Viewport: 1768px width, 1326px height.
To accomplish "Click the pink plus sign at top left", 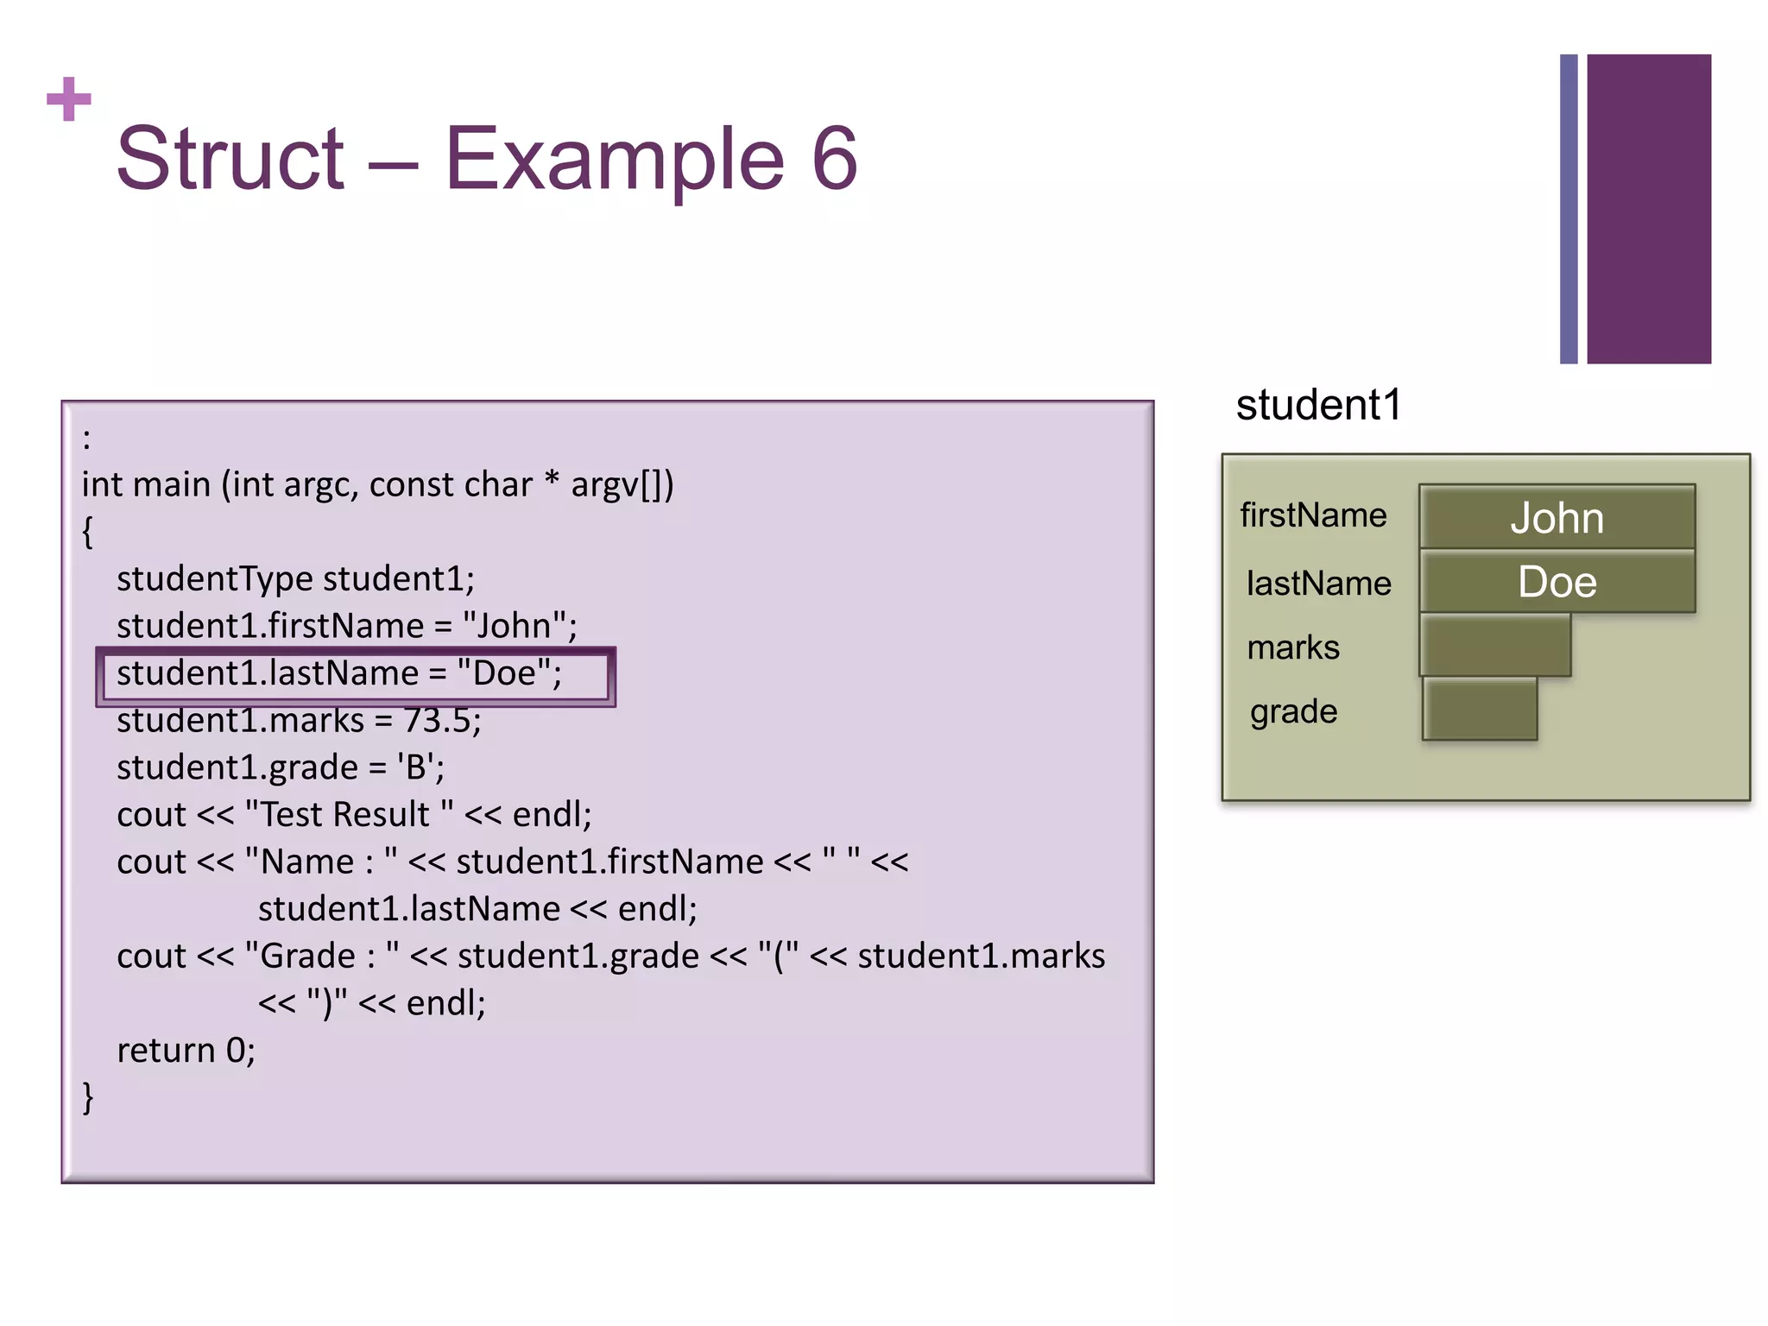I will tap(69, 99).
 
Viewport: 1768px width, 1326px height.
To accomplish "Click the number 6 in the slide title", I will tap(834, 159).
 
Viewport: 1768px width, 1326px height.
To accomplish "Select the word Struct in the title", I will tap(230, 159).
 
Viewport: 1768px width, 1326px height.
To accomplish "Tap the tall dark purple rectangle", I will tap(1648, 209).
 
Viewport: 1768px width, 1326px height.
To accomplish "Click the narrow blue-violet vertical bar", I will tap(1569, 209).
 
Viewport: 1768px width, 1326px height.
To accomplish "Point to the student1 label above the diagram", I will tap(1318, 405).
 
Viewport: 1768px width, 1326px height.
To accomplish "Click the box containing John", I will tap(1556, 517).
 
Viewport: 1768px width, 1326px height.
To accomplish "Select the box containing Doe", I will tap(1556, 582).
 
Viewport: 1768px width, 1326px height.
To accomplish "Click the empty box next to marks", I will tap(1494, 646).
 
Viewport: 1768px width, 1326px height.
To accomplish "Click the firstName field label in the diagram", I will tap(1313, 515).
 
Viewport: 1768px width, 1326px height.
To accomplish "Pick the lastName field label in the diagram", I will tap(1318, 584).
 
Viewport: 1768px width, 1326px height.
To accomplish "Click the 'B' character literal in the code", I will tap(416, 767).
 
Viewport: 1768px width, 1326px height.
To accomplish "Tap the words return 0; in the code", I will tap(186, 1051).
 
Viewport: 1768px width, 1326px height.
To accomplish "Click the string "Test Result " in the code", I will tap(349, 815).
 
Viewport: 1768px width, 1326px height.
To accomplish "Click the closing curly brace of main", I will tap(87, 1097).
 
